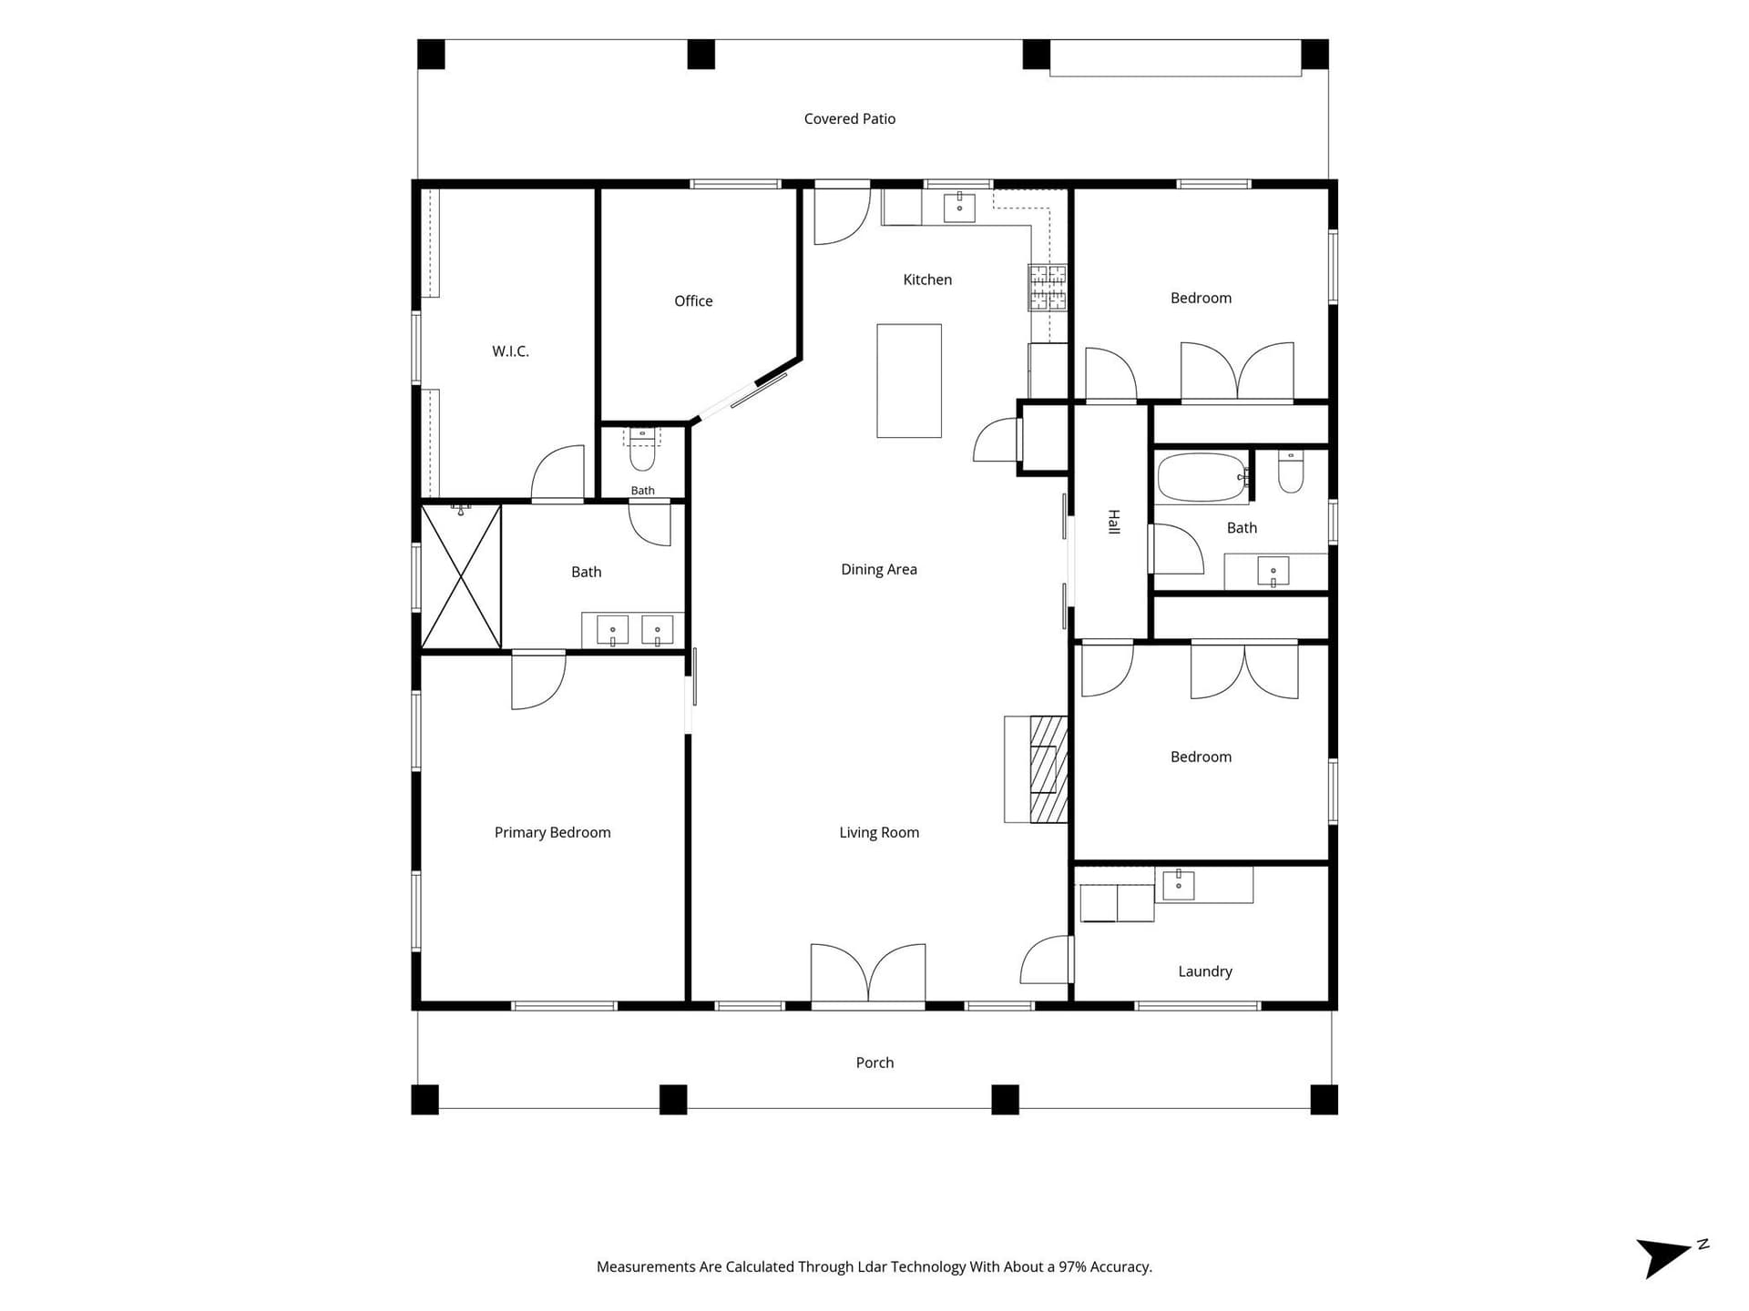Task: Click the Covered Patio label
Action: pos(849,119)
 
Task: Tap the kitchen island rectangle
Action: pos(909,381)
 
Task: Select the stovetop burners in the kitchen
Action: pos(1048,288)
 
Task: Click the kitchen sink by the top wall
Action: pos(959,208)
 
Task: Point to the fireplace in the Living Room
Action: pos(1037,769)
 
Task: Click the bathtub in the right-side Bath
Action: pos(1202,478)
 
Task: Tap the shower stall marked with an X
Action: pos(461,577)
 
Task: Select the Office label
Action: pos(693,301)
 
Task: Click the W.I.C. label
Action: pos(510,351)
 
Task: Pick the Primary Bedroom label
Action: pos(552,833)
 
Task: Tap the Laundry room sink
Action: pos(1179,884)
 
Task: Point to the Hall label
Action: pos(1113,522)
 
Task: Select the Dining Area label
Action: pos(878,570)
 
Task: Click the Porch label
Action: pos(874,1063)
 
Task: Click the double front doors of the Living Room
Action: pos(868,974)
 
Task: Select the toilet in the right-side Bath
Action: pos(1291,471)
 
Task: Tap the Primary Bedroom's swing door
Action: pos(538,680)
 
